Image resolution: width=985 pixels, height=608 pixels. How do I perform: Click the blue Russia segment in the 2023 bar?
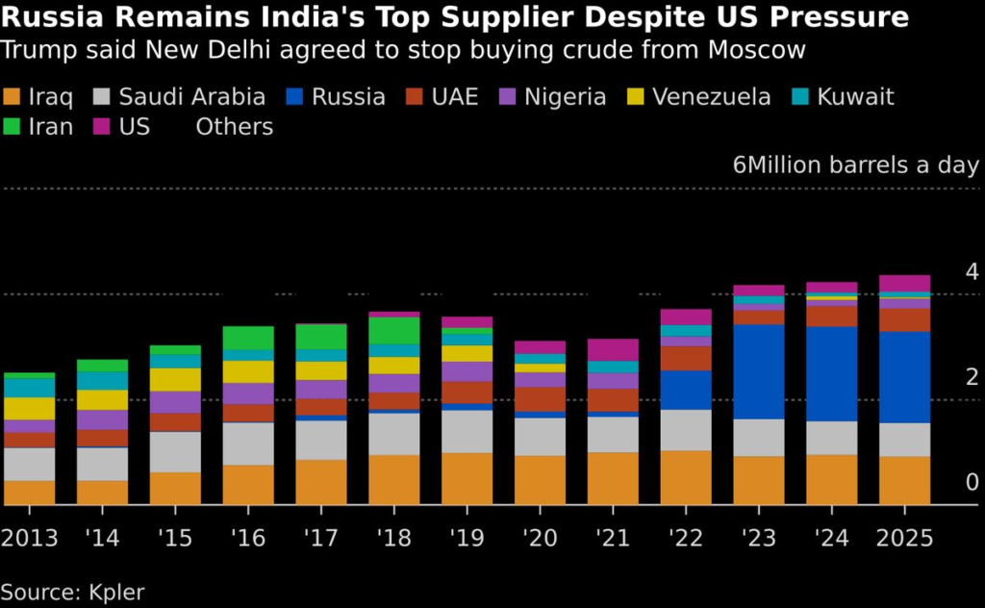pos(759,371)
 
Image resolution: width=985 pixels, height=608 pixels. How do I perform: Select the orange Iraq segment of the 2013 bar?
pos(29,493)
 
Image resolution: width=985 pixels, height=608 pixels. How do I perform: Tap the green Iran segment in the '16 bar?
pos(248,338)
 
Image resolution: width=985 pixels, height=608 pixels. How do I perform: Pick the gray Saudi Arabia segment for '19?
pos(467,431)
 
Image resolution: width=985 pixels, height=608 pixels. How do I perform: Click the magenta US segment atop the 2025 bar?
pos(905,283)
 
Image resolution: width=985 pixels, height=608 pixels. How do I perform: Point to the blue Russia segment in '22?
pos(686,390)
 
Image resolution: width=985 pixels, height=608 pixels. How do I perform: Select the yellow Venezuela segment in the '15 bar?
pos(175,379)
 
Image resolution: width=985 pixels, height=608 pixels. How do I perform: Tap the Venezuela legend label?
pos(711,97)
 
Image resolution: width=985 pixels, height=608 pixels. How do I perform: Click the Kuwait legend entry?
pos(855,97)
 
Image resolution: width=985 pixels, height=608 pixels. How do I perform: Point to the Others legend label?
pos(235,127)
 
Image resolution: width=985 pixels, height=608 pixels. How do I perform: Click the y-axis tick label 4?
pos(972,271)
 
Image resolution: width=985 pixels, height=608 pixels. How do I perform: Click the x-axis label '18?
pos(393,537)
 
